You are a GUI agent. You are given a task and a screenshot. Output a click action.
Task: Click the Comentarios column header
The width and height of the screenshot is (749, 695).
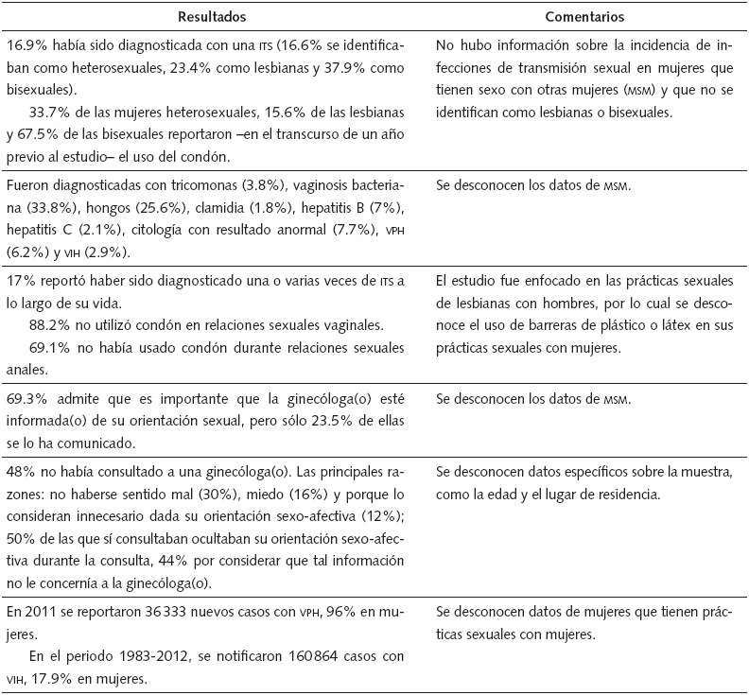point(585,17)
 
